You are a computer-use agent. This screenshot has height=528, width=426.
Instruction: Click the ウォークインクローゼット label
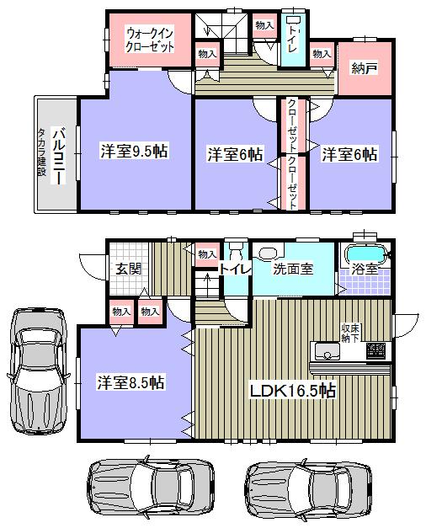(150, 40)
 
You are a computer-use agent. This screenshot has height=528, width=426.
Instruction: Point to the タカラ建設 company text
(41, 152)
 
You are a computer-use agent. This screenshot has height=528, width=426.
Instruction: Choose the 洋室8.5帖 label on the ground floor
(130, 382)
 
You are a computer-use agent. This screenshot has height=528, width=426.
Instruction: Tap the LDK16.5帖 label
(292, 392)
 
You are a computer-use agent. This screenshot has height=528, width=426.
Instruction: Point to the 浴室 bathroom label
(363, 272)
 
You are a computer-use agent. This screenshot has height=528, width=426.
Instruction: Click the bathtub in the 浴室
(365, 253)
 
